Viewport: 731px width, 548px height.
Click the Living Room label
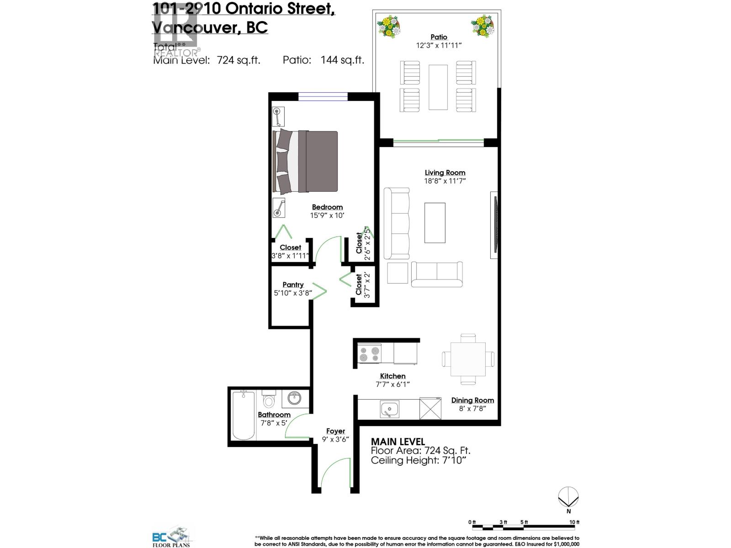click(x=445, y=173)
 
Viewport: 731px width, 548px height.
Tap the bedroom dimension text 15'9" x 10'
click(x=327, y=216)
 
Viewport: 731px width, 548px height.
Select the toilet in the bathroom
click(x=268, y=400)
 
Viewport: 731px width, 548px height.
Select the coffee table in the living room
click(x=434, y=223)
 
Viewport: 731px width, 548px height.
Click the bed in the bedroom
click(x=305, y=161)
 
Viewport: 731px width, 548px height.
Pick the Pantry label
click(x=293, y=285)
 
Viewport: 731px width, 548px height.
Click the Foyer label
click(x=335, y=431)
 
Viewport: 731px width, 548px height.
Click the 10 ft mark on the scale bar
click(x=574, y=522)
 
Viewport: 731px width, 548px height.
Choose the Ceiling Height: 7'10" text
click(x=418, y=460)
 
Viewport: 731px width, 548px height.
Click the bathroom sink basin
click(x=294, y=398)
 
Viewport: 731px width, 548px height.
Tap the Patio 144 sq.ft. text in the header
click(x=323, y=60)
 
